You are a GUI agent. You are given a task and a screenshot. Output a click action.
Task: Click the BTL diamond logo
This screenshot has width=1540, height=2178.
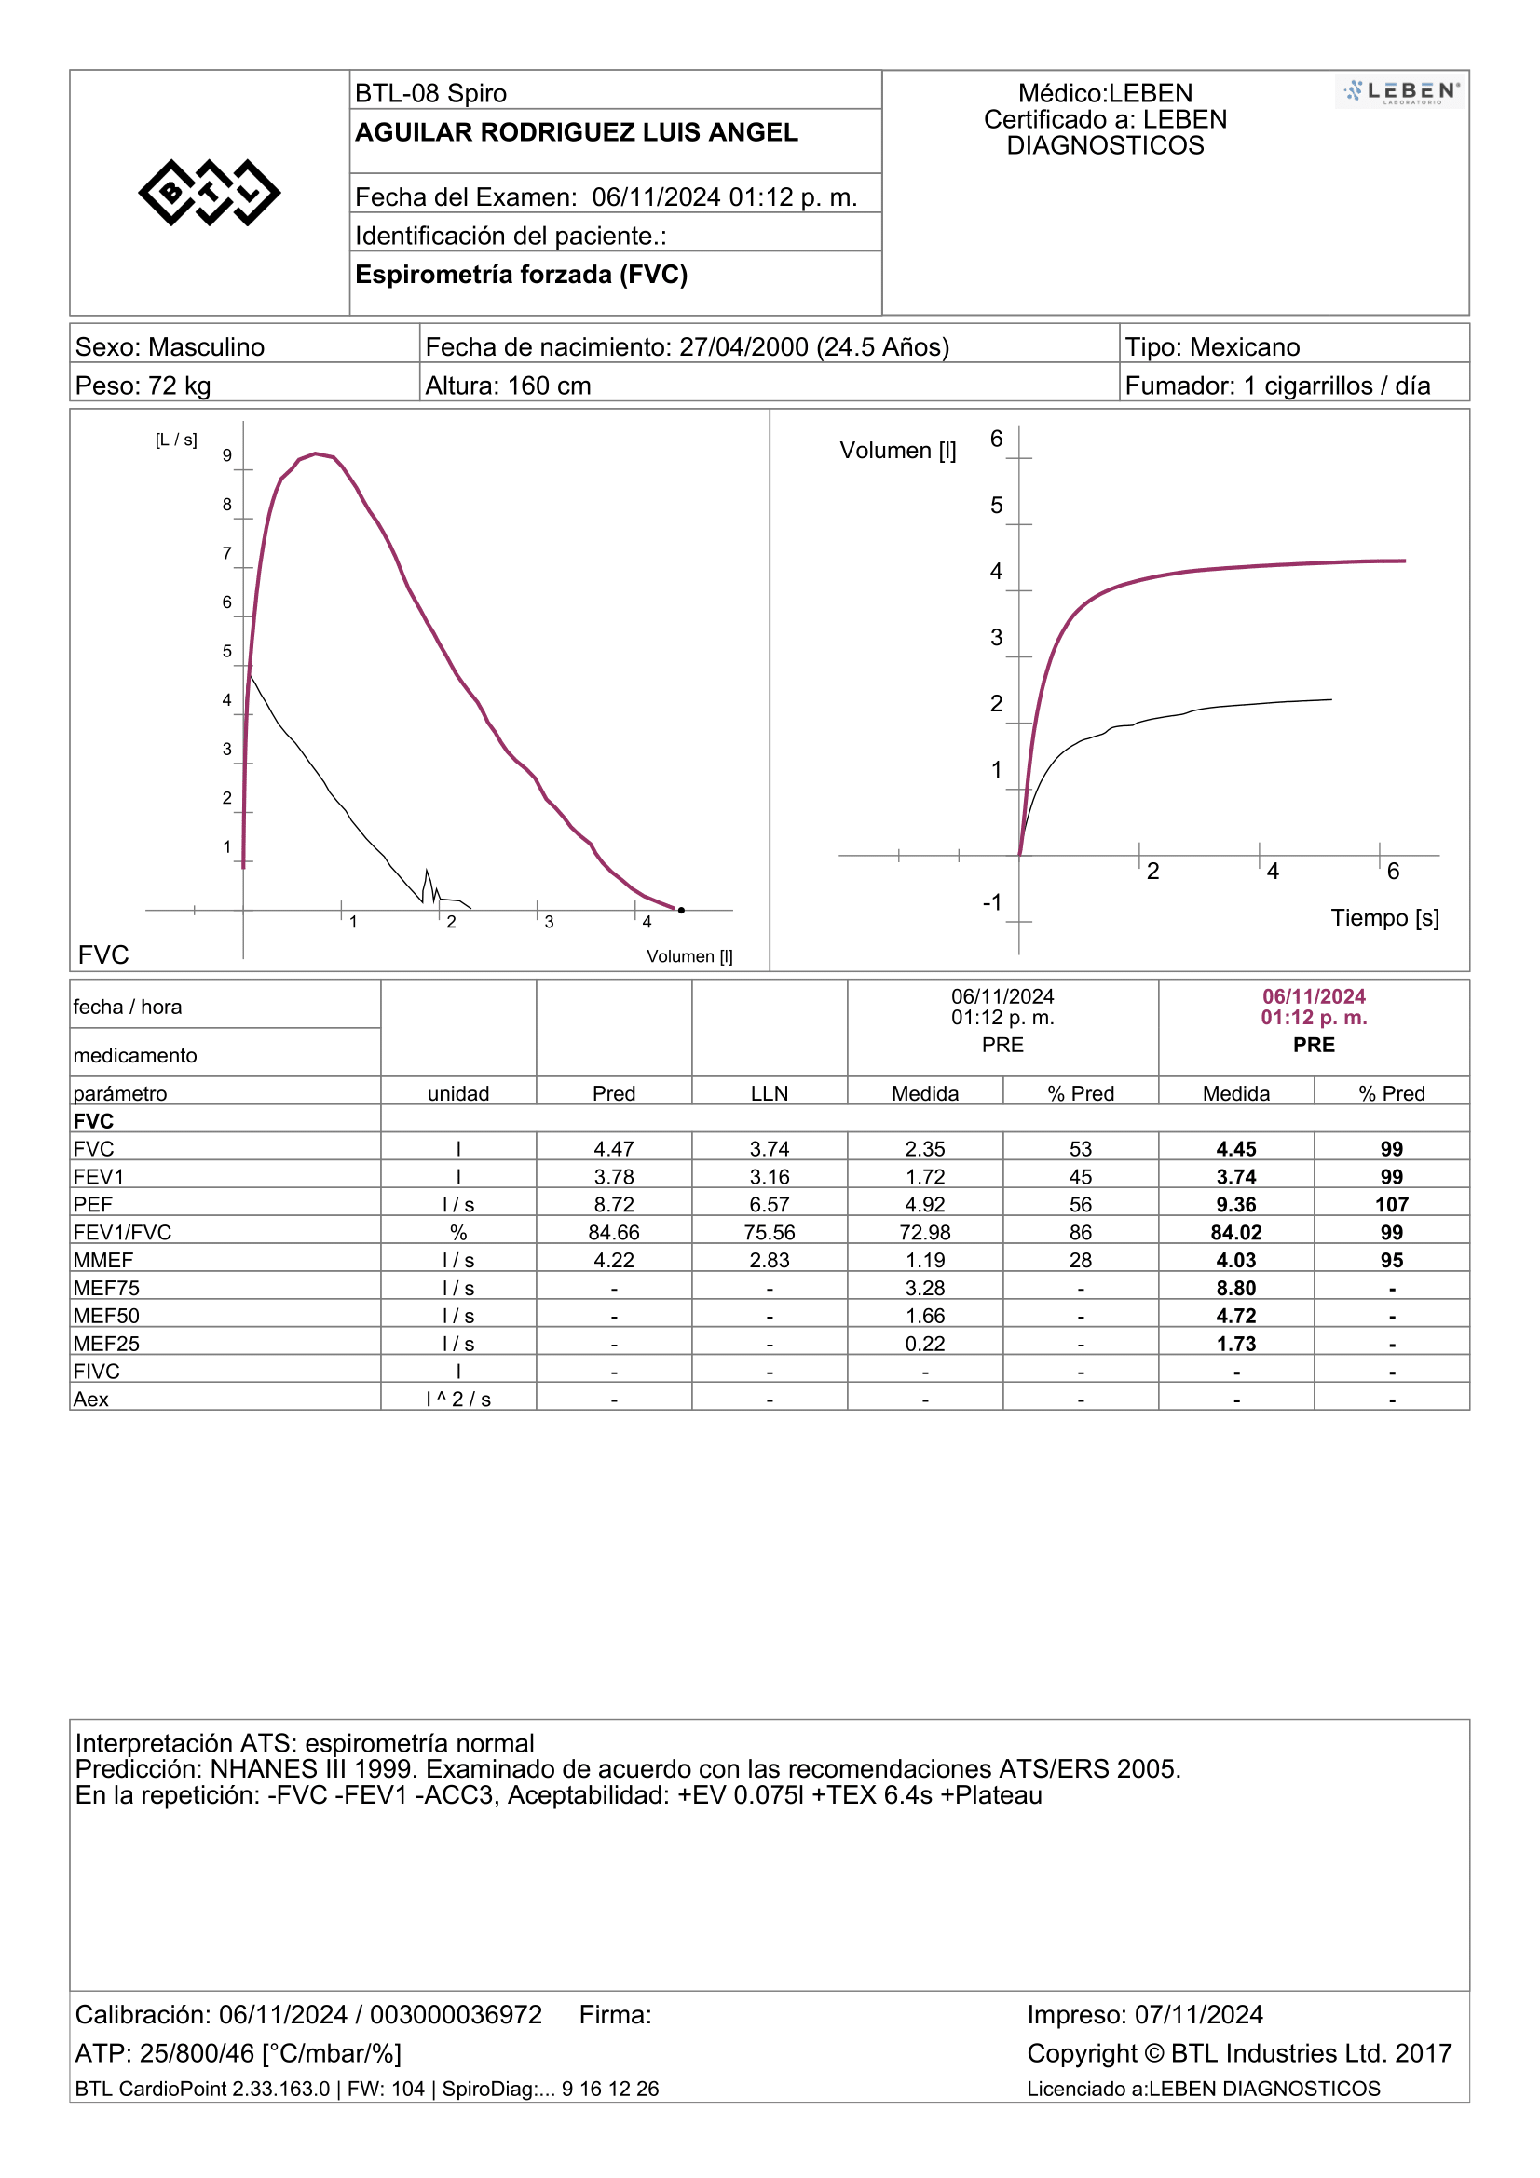click(x=210, y=193)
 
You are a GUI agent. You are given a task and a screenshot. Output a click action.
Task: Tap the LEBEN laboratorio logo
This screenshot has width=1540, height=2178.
click(x=1401, y=92)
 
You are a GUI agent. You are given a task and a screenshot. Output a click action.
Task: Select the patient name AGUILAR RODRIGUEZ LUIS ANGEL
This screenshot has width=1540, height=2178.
click(x=577, y=132)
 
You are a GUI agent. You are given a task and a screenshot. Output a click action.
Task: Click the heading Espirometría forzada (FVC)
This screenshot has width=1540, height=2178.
click(x=522, y=274)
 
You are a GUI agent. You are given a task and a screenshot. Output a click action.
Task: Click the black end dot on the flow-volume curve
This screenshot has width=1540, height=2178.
click(x=681, y=910)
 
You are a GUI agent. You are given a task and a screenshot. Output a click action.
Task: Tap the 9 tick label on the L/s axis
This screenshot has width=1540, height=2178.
click(x=226, y=455)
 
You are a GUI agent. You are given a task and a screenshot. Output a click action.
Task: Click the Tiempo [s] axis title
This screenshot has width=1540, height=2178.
click(x=1384, y=917)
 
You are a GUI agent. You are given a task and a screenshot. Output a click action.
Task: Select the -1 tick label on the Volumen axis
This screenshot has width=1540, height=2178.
click(x=992, y=902)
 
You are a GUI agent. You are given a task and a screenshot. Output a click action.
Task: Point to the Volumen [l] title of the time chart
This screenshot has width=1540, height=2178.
click(x=897, y=451)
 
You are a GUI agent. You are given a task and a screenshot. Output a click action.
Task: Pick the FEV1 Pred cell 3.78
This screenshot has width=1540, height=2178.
click(x=614, y=1176)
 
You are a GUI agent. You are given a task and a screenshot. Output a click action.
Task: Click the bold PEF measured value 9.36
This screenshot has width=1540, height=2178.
click(x=1236, y=1205)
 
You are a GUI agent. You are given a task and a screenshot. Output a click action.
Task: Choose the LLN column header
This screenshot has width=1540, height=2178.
click(x=770, y=1094)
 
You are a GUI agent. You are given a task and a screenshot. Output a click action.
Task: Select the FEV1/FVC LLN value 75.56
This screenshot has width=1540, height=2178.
click(x=770, y=1232)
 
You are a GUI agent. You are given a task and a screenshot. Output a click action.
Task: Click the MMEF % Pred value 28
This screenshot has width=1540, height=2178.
click(x=1081, y=1260)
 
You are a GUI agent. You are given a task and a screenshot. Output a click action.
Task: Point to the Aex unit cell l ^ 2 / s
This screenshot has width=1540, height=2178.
click(x=458, y=1400)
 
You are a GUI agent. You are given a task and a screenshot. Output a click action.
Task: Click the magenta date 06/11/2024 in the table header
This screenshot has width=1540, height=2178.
click(x=1315, y=996)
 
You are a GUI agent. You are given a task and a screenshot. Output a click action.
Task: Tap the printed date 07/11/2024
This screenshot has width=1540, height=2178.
click(x=1199, y=2014)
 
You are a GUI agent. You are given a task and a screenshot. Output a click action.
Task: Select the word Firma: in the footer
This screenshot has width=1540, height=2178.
click(x=616, y=2014)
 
